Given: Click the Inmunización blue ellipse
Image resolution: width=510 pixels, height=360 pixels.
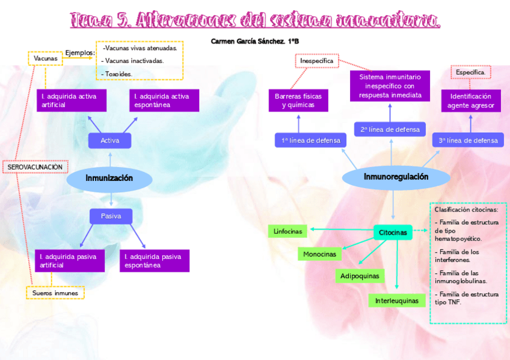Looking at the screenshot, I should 109,178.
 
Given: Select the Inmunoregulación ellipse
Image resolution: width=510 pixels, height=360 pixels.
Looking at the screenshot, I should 396,177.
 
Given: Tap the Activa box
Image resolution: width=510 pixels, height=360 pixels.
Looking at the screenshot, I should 109,141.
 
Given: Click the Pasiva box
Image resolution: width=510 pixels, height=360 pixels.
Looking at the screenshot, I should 111,216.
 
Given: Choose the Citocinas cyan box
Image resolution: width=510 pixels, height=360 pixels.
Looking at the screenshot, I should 393,233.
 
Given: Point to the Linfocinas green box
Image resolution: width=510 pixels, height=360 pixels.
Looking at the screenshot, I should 287,231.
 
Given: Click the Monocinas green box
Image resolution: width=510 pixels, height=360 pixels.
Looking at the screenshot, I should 319,254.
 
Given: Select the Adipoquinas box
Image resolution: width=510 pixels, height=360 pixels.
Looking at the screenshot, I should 360,276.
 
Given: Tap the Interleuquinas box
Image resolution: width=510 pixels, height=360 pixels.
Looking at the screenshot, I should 396,301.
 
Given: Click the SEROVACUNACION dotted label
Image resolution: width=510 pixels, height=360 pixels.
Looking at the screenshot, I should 35,166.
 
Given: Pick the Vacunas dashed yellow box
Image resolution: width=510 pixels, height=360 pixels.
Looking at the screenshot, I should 46,58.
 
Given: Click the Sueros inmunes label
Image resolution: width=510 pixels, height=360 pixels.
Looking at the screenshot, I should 55,293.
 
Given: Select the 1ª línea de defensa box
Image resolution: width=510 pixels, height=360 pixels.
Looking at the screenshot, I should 311,141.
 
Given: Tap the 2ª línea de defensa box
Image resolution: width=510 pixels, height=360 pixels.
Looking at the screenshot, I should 390,129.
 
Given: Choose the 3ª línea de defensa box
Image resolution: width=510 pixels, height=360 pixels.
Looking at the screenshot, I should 468,141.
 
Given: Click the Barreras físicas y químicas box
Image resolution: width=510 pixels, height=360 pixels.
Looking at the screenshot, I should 298,100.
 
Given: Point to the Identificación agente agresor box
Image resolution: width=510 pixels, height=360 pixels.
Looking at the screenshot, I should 471,100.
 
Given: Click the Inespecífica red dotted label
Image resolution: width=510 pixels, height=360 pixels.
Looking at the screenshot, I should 317,61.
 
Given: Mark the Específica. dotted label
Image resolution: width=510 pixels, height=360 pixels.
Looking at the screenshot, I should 471,72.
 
